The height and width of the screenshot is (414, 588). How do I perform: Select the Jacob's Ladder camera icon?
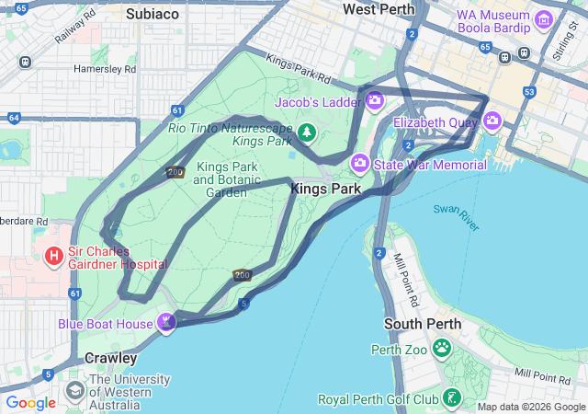[x=374, y=101]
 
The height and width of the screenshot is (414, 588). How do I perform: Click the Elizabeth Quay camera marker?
[x=493, y=121]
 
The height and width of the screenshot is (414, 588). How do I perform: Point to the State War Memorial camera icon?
[x=360, y=164]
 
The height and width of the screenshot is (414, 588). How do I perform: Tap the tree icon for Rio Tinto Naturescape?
[x=307, y=134]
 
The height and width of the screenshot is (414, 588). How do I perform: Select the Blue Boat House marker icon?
[x=166, y=322]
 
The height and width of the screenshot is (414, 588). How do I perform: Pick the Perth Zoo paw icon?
[x=442, y=348]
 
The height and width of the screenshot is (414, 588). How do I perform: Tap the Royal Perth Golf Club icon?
[x=451, y=398]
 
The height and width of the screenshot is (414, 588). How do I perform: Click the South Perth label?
[x=415, y=325]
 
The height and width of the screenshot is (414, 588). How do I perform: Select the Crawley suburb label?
[x=110, y=358]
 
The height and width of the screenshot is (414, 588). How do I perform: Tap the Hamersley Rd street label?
[x=105, y=69]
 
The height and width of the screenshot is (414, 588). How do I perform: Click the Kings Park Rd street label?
[x=296, y=65]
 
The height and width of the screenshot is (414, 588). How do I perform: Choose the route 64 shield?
[x=13, y=118]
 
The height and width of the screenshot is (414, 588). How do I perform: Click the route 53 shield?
[x=528, y=92]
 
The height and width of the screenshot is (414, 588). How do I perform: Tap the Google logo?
[x=31, y=402]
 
